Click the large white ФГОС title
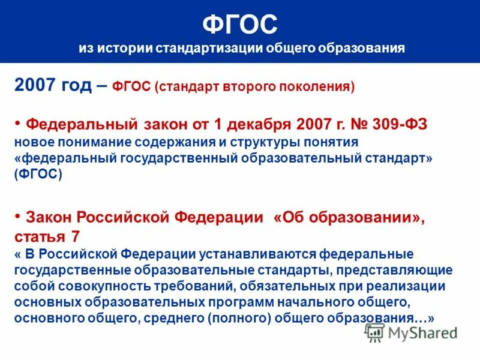click(x=239, y=25)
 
